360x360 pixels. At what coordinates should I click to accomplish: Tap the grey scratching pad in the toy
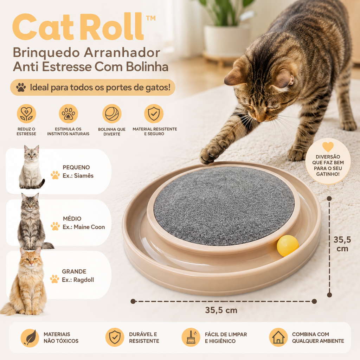(x=224, y=206)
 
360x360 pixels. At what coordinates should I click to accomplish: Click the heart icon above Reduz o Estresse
(x=26, y=114)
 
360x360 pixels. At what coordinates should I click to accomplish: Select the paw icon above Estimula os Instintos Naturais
(x=69, y=114)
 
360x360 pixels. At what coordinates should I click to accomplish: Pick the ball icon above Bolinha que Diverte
(x=112, y=114)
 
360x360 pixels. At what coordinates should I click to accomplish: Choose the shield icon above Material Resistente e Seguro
(x=154, y=114)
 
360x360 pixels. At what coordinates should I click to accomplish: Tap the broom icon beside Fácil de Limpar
(x=191, y=337)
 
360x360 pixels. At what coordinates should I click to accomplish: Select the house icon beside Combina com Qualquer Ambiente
(x=278, y=337)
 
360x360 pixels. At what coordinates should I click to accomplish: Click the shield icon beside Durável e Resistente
(x=115, y=337)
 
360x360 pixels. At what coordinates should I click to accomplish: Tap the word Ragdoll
(x=84, y=280)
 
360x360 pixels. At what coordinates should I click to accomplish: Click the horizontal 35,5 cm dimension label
(x=221, y=310)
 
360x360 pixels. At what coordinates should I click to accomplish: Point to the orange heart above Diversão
(x=328, y=147)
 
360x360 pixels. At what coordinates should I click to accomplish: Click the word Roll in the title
(x=115, y=27)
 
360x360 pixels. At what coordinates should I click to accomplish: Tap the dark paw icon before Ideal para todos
(x=21, y=88)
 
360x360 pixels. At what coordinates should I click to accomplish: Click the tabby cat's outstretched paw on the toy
(x=210, y=155)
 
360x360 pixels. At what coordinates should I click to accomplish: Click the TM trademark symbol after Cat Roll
(x=150, y=18)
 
